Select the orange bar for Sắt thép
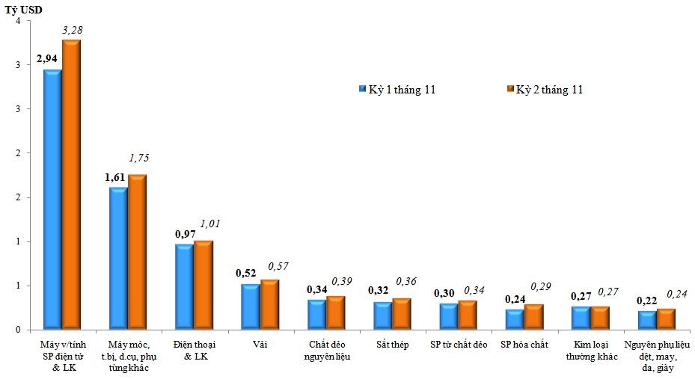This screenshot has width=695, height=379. [x=402, y=314]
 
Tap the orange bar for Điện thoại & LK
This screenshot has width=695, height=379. [x=203, y=284]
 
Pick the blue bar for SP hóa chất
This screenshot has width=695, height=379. [x=515, y=319]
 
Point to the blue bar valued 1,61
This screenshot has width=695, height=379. [x=118, y=258]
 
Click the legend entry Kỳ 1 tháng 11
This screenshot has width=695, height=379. [x=397, y=90]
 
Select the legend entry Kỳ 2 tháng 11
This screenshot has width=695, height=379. [x=545, y=90]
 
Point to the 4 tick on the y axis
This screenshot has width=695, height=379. [x=16, y=21]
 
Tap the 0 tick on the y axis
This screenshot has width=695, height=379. [x=16, y=330]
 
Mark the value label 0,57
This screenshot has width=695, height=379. [x=278, y=266]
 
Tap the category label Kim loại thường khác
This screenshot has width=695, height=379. [x=590, y=350]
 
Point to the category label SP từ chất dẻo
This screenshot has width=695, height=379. [x=458, y=345]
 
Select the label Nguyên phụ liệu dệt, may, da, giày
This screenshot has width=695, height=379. [x=657, y=356]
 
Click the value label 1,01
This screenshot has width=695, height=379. [x=210, y=224]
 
